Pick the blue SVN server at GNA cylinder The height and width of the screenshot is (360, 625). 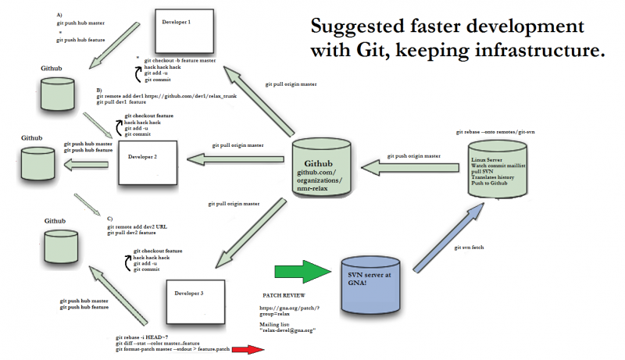click(x=373, y=286)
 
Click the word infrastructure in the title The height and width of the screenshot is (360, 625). click(x=545, y=52)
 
